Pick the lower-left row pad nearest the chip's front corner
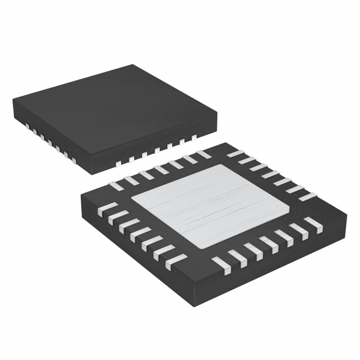pos(175,261)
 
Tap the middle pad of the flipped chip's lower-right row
pos(264,243)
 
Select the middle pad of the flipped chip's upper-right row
pos(272,174)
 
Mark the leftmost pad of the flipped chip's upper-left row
pos(119,184)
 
